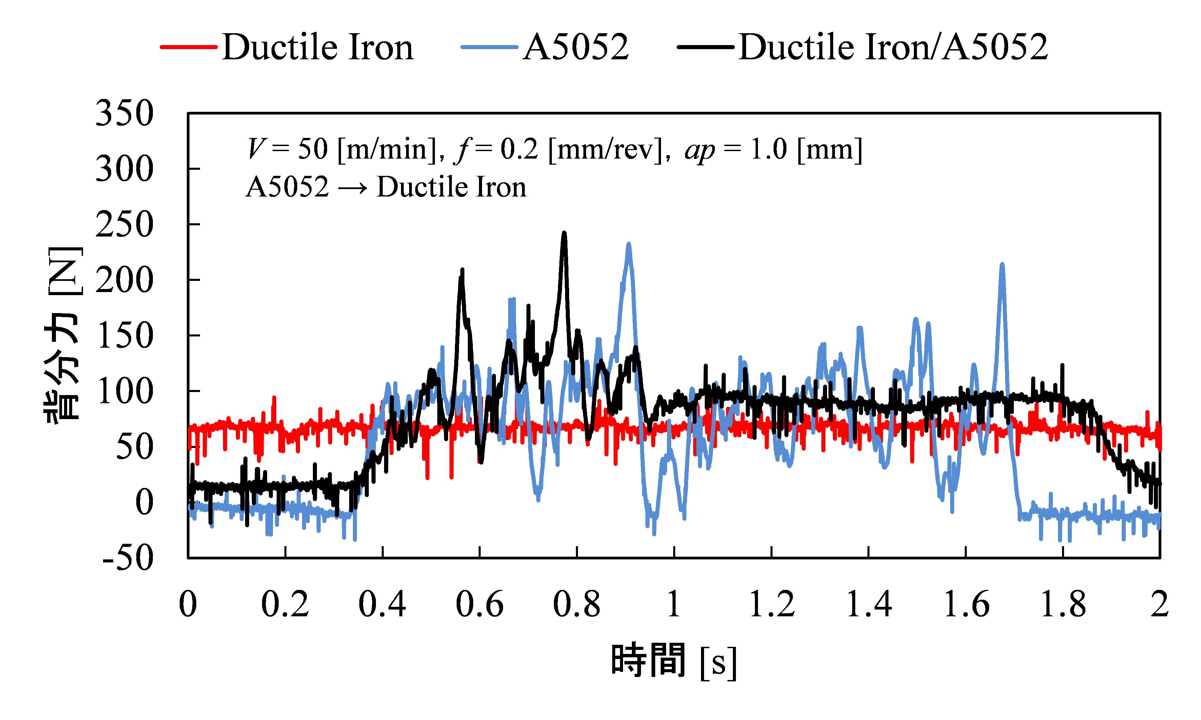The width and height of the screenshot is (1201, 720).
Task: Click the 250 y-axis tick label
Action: (124, 225)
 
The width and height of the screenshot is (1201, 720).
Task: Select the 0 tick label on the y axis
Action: (144, 502)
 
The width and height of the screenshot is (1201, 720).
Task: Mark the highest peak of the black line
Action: (564, 233)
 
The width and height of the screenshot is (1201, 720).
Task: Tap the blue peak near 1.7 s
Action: (1002, 265)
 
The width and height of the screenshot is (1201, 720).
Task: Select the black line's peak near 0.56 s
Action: (462, 270)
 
